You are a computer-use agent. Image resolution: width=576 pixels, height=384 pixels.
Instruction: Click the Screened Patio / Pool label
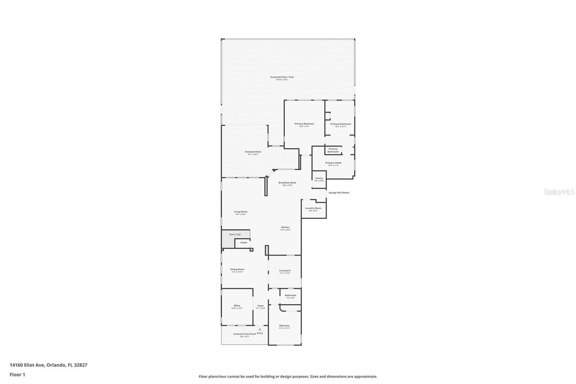[x=282, y=77]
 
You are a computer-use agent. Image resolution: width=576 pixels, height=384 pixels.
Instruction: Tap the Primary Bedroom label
[x=304, y=124]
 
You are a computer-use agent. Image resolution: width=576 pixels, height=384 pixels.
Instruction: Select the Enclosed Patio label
[x=253, y=152]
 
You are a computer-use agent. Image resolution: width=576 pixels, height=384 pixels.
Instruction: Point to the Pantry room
[x=319, y=179]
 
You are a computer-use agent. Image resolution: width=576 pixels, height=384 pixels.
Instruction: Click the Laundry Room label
[x=313, y=208]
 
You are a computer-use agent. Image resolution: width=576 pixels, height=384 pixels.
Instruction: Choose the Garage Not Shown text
[x=339, y=193]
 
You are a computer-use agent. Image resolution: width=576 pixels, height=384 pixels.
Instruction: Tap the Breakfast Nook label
[x=287, y=183]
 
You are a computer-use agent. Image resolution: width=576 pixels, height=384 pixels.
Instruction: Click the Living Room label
[x=240, y=212]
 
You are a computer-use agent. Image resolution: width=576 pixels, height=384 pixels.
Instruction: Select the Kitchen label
[x=285, y=227]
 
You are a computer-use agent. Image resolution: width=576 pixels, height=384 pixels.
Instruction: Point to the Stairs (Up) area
[x=235, y=235]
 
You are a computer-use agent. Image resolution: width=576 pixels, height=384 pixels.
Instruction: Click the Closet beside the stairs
[x=244, y=243]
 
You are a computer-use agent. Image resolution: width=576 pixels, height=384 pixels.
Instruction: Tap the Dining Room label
[x=237, y=269]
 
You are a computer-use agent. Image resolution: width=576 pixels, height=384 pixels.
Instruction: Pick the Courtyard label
[x=284, y=271]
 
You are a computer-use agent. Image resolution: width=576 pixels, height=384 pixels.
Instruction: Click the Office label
[x=237, y=306]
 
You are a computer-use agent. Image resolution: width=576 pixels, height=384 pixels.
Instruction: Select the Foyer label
[x=260, y=306]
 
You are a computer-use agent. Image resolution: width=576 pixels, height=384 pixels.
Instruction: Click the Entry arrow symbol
[x=260, y=329]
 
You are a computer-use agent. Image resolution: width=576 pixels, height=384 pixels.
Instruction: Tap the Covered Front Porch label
[x=244, y=334]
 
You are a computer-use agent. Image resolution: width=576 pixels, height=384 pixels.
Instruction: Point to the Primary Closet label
[x=333, y=163]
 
